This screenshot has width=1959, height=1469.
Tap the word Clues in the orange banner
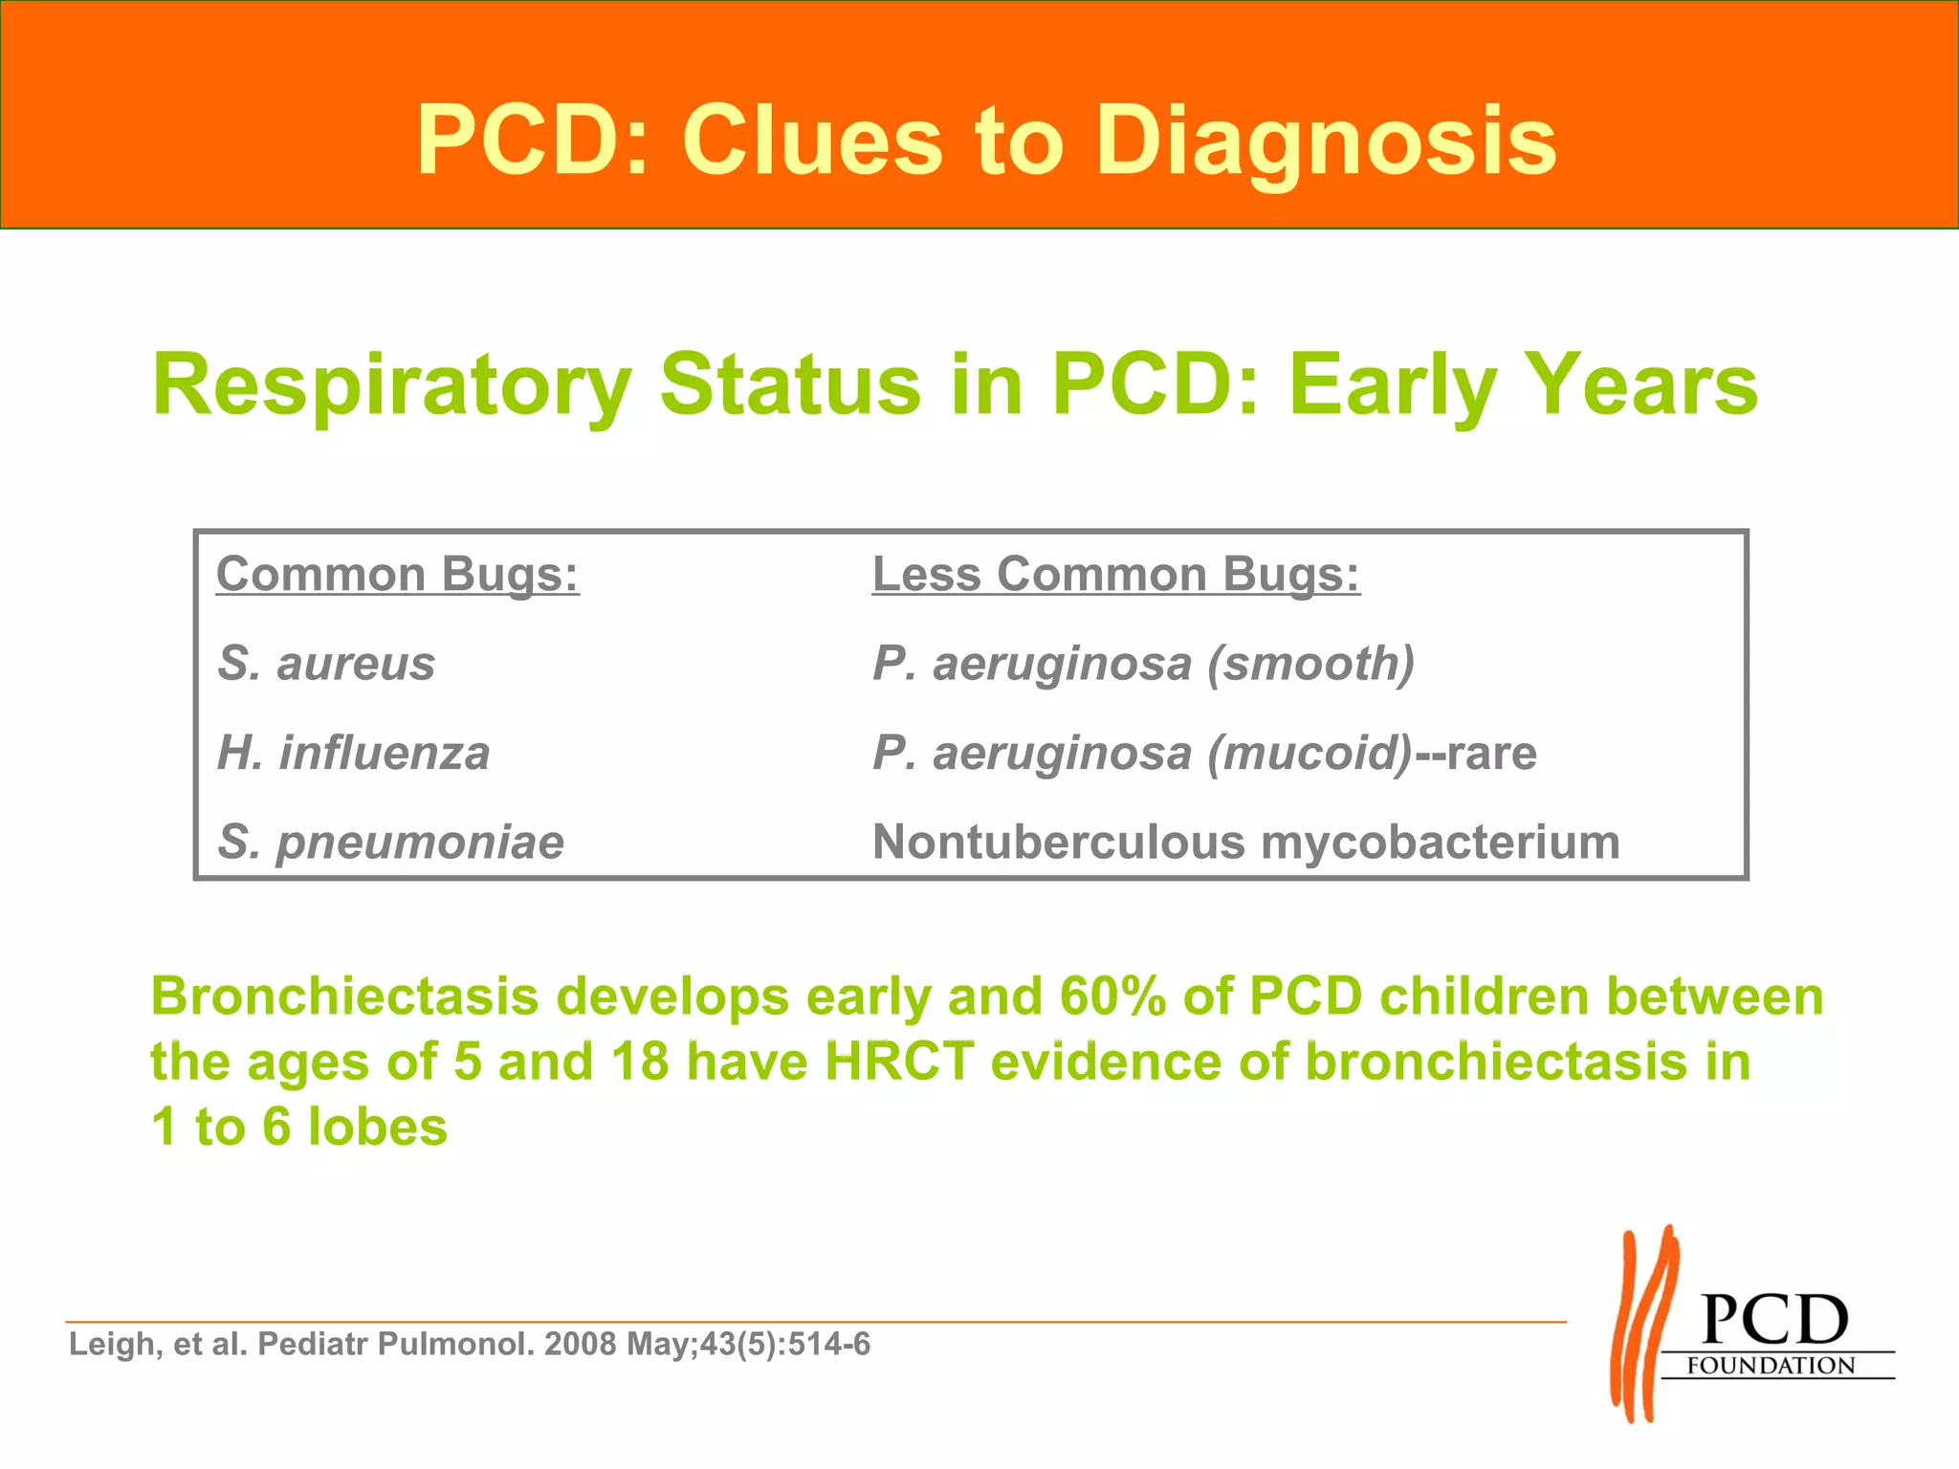(811, 142)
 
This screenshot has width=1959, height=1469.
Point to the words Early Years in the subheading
(1523, 384)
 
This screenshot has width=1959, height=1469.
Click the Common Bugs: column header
(397, 574)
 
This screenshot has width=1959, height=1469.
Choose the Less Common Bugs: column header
(1115, 574)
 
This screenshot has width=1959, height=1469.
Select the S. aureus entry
(326, 663)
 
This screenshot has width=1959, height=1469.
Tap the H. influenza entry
(353, 753)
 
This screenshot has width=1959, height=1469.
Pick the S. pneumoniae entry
(390, 842)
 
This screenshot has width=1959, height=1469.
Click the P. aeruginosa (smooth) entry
(1143, 663)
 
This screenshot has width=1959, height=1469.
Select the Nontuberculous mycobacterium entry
(1245, 842)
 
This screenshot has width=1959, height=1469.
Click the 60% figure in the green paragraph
(1112, 996)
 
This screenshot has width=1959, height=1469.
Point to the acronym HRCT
(899, 1062)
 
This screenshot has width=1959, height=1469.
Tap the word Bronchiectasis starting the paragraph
(344, 996)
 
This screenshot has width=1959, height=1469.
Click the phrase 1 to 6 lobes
(298, 1127)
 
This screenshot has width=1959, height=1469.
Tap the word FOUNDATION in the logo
(1770, 1365)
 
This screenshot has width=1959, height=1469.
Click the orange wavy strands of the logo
(1643, 1325)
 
